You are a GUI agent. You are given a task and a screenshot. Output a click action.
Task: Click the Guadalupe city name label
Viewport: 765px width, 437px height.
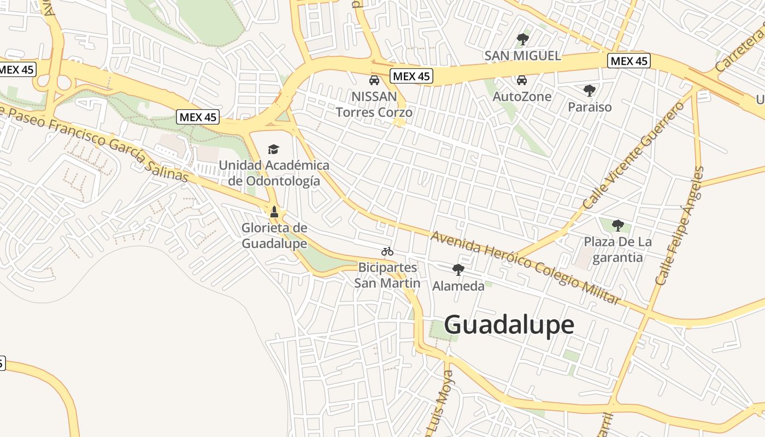pyautogui.click(x=509, y=324)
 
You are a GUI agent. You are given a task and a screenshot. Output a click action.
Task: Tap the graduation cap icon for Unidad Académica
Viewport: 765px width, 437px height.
pyautogui.click(x=273, y=149)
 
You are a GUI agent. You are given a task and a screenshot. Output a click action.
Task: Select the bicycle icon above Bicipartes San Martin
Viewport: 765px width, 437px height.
pyautogui.click(x=387, y=251)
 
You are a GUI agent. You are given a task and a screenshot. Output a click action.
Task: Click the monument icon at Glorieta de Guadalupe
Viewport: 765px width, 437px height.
pyautogui.click(x=274, y=211)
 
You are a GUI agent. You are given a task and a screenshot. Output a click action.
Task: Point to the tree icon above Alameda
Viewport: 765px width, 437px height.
pyautogui.click(x=458, y=269)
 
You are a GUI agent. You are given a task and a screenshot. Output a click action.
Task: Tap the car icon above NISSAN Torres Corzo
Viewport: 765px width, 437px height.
pyautogui.click(x=374, y=81)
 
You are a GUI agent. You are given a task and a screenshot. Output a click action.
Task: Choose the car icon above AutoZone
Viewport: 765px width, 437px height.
pyautogui.click(x=522, y=80)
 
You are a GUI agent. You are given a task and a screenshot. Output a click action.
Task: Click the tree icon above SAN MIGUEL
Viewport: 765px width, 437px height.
pyautogui.click(x=523, y=39)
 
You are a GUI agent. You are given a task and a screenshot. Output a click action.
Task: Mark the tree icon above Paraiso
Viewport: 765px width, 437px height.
pyautogui.click(x=589, y=90)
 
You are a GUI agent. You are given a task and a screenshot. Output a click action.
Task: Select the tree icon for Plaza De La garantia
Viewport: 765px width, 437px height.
pyautogui.click(x=618, y=225)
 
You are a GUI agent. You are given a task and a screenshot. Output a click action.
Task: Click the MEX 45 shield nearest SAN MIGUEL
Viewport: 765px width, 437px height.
pyautogui.click(x=629, y=61)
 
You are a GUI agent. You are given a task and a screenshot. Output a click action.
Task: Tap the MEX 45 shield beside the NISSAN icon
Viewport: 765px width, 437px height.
pyautogui.click(x=411, y=76)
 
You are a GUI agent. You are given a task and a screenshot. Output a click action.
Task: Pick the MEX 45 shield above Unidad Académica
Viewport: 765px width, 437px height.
pyautogui.click(x=198, y=117)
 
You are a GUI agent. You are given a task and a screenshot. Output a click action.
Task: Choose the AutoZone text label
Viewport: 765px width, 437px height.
pyautogui.click(x=522, y=97)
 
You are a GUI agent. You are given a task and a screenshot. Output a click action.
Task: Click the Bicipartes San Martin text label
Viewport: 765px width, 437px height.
pyautogui.click(x=387, y=275)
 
